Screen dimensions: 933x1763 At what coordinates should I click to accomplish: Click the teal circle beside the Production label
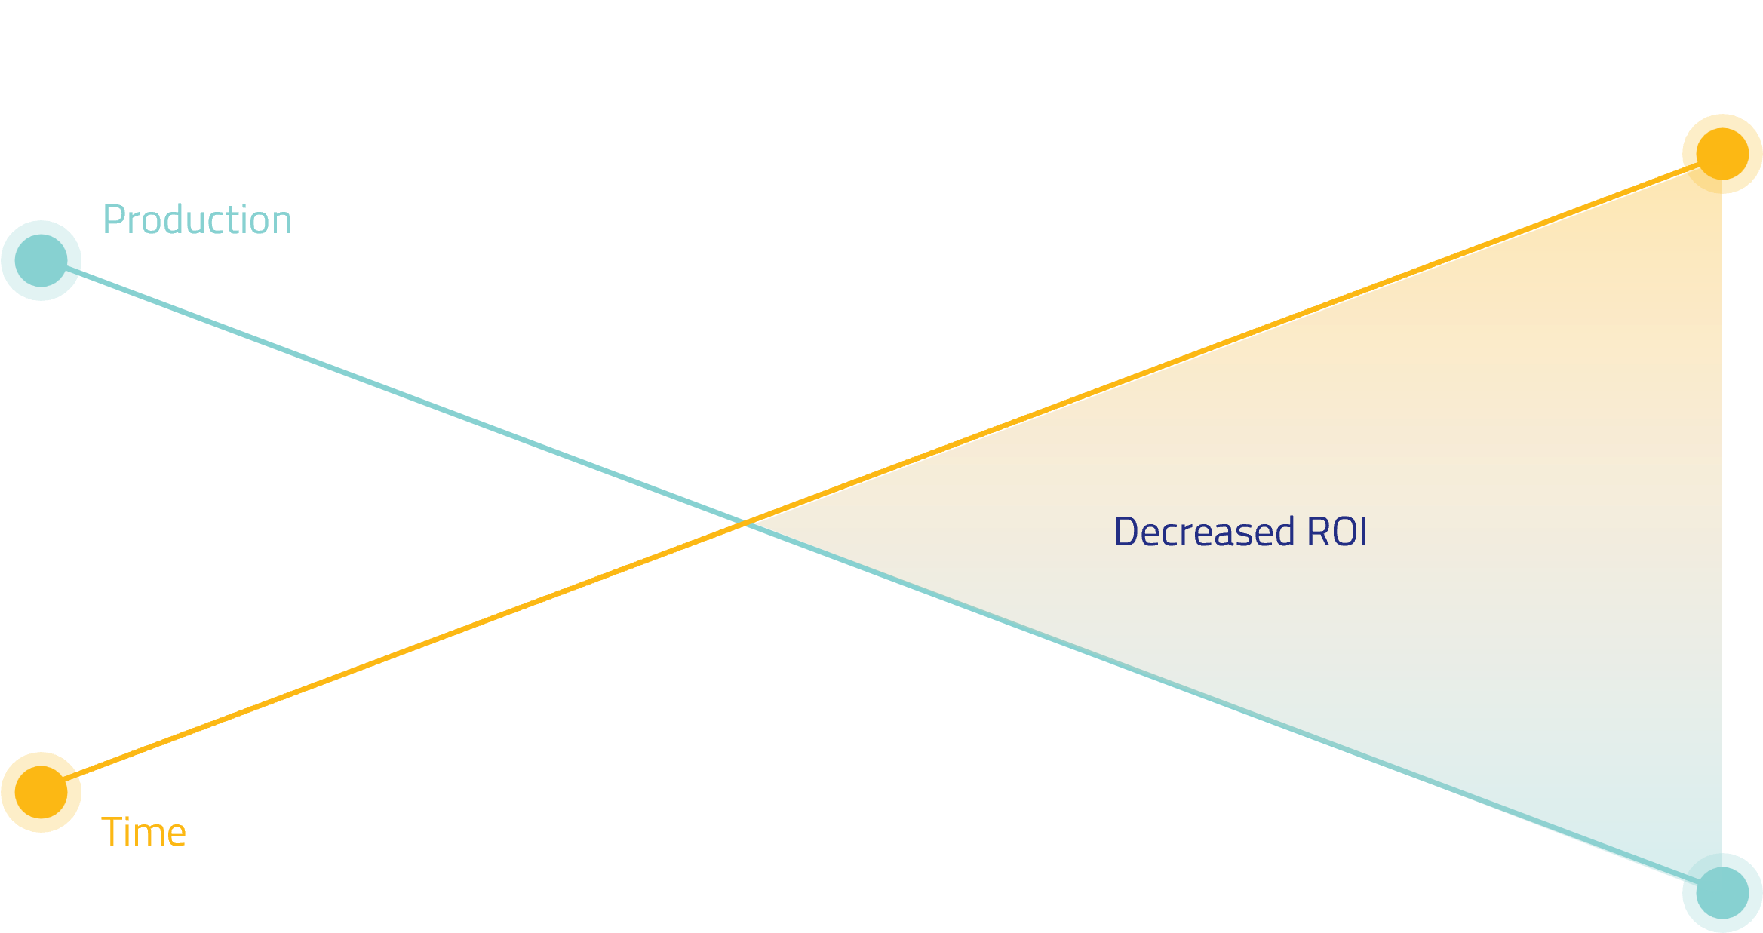click(x=41, y=260)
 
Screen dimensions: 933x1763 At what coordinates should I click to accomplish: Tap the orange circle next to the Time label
click(x=41, y=792)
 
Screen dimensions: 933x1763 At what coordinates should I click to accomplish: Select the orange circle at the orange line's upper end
click(x=1722, y=154)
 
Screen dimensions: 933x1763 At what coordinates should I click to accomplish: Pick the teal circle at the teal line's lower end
click(x=1722, y=893)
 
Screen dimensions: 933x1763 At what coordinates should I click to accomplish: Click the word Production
click(x=197, y=220)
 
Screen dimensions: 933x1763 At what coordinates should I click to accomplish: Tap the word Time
click(x=143, y=833)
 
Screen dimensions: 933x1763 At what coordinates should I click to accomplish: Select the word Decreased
click(x=1204, y=532)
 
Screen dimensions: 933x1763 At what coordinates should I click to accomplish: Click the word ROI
click(x=1337, y=532)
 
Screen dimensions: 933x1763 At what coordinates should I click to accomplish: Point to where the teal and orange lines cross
click(x=745, y=523)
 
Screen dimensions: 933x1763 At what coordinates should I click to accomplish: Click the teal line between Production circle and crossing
click(x=392, y=391)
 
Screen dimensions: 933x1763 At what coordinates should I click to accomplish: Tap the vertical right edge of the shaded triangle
click(x=1722, y=528)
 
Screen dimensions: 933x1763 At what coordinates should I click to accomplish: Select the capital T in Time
click(x=112, y=833)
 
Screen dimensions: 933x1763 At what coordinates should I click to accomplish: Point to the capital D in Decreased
click(x=1126, y=532)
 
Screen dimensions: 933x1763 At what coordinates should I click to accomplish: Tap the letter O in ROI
click(x=1346, y=532)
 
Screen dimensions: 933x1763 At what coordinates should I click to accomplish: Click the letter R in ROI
click(x=1318, y=532)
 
